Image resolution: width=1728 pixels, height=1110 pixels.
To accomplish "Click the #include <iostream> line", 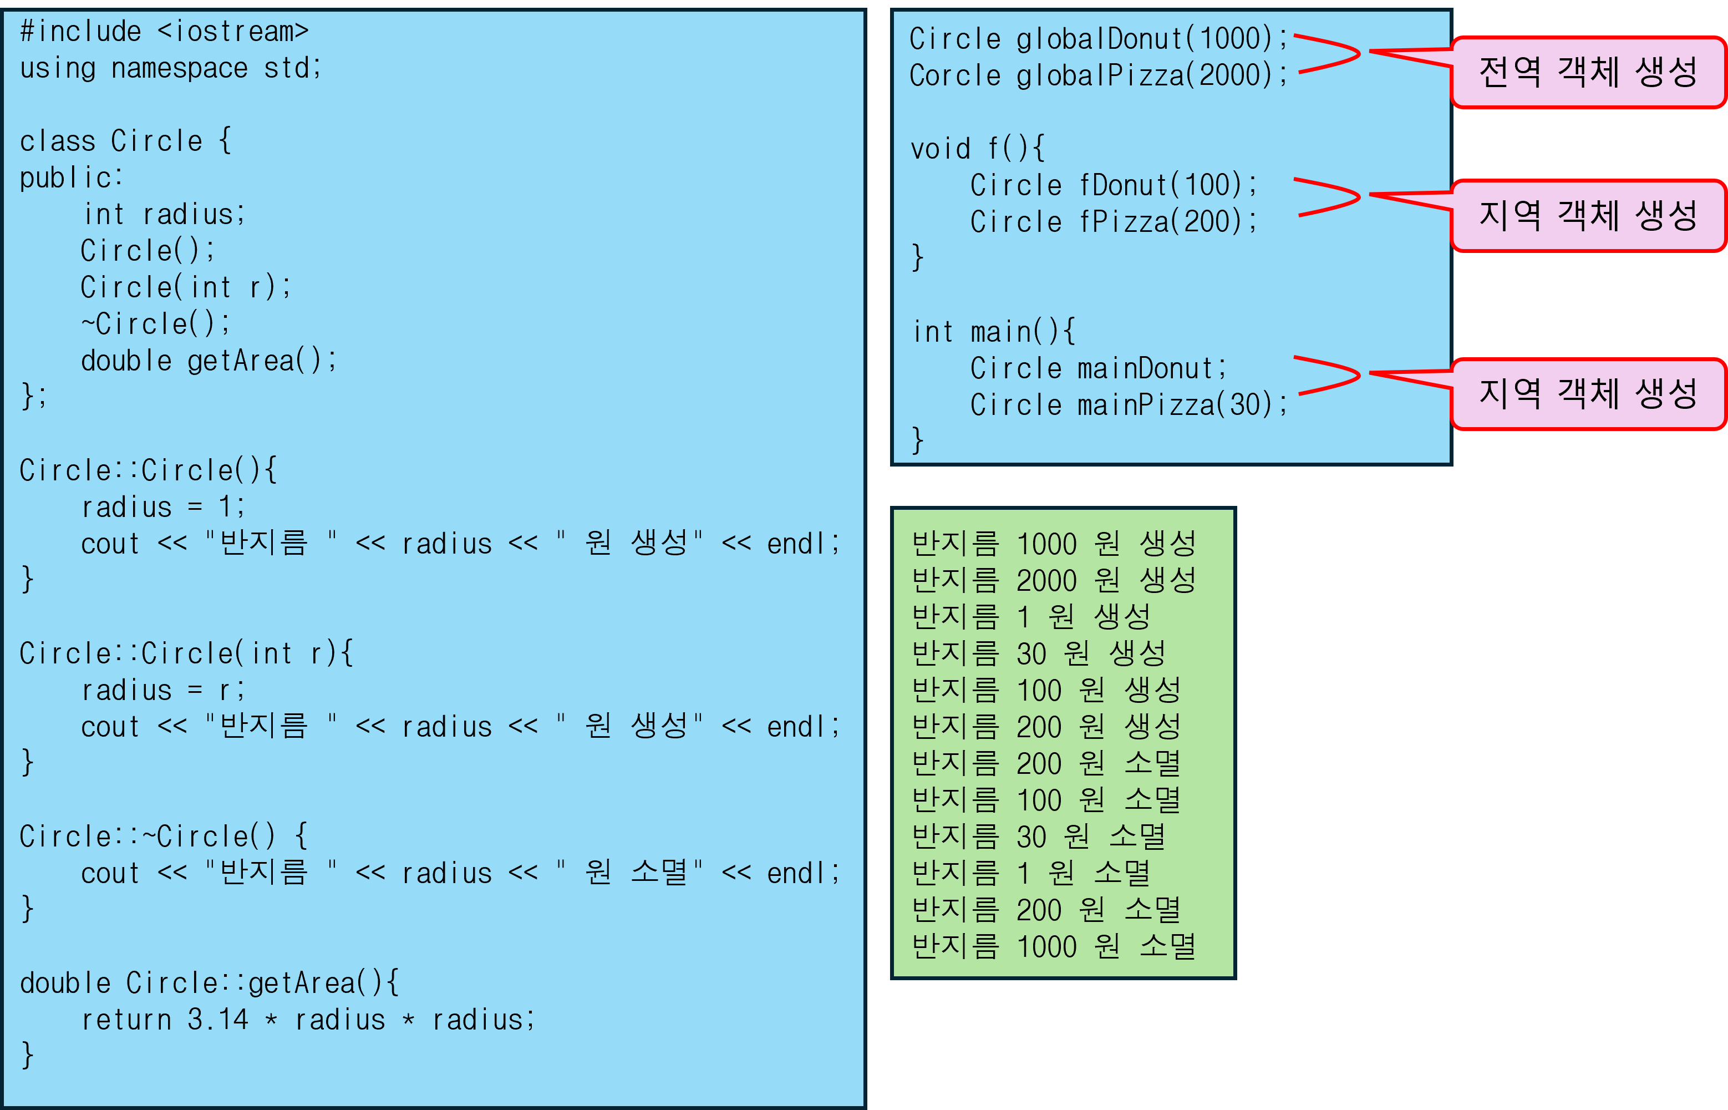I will [x=164, y=32].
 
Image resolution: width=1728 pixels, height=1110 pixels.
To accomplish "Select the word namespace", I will [x=180, y=68].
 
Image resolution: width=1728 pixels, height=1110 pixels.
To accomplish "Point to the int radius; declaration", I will [x=164, y=215].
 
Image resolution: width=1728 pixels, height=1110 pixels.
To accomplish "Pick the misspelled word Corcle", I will [x=955, y=75].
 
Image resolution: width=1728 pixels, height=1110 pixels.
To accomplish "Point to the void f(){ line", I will [x=977, y=149].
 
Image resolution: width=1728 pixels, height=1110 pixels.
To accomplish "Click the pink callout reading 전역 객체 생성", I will [x=1588, y=72].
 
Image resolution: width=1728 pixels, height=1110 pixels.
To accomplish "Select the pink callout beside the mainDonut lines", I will [x=1588, y=393].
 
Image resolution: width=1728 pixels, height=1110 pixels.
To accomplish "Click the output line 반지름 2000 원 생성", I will [x=1054, y=581].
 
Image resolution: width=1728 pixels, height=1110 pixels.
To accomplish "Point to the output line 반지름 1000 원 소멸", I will [x=1054, y=947].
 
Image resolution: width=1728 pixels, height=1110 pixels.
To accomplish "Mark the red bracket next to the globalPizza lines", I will [x=1328, y=54].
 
